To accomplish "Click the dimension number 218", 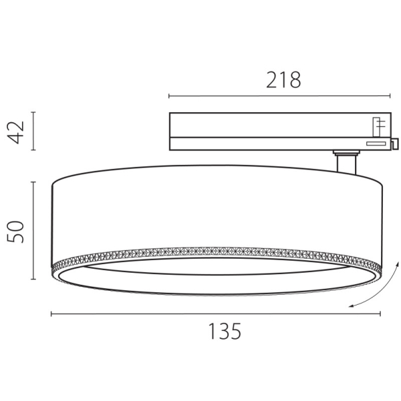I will [x=283, y=80].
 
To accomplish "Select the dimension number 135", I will [x=223, y=331].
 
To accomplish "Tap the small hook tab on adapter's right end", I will [x=395, y=143].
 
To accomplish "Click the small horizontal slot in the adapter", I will [x=375, y=142].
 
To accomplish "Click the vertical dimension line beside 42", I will [x=33, y=132].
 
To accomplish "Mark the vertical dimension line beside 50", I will [x=33, y=231].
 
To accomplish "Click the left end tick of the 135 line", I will [x=52, y=313].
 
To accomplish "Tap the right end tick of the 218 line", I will [x=392, y=96].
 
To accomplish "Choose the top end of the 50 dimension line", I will [x=33, y=181].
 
